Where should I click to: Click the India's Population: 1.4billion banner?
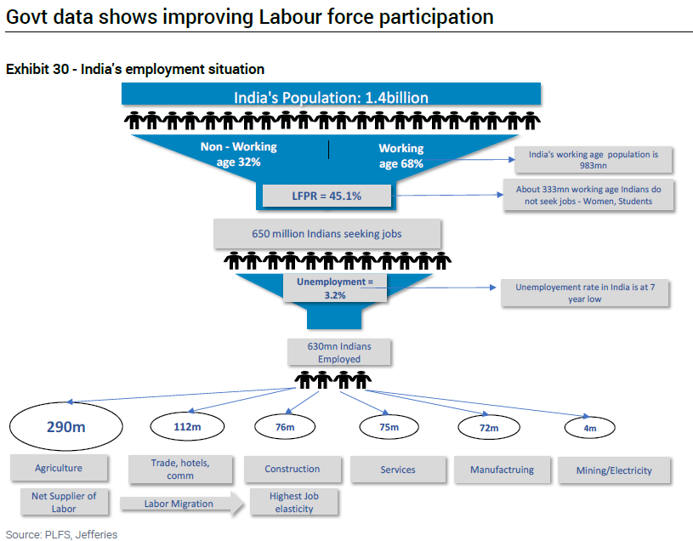tap(331, 97)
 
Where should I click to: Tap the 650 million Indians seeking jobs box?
tap(327, 233)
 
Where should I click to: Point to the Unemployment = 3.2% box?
tap(334, 288)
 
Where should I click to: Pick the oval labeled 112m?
tap(188, 426)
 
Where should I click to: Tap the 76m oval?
tap(284, 426)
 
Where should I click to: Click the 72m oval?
tap(488, 428)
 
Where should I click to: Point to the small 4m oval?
tap(590, 428)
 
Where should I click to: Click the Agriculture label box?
tap(59, 468)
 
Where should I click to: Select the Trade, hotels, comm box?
tap(179, 469)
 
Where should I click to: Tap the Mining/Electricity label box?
tap(613, 470)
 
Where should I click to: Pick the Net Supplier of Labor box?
tap(64, 502)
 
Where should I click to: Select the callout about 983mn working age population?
tap(594, 160)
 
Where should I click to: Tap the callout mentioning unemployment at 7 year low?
tap(585, 293)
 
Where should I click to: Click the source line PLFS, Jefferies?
tap(61, 534)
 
